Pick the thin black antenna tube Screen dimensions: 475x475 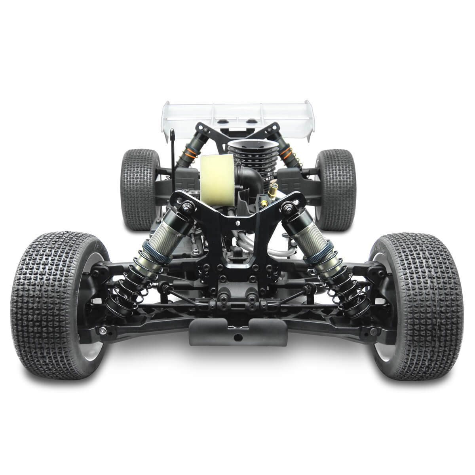tap(173, 158)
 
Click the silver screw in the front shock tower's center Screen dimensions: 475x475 tap(237, 222)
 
